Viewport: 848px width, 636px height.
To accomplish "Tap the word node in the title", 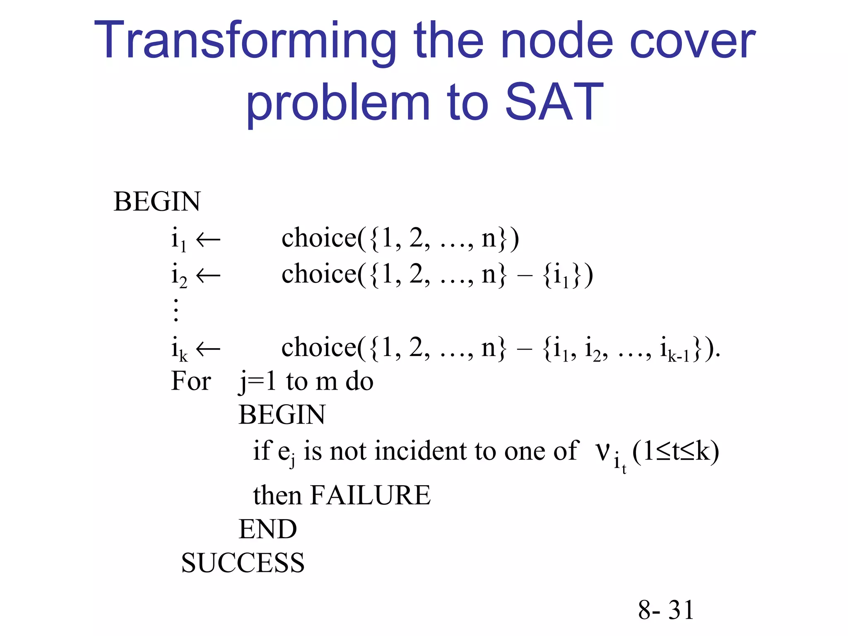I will click(557, 41).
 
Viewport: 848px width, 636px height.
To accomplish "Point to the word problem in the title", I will click(338, 104).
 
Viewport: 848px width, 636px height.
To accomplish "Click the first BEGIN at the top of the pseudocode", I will click(157, 202).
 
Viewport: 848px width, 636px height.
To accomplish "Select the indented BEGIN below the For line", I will click(282, 415).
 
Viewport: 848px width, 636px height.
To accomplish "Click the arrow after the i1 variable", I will click(208, 239).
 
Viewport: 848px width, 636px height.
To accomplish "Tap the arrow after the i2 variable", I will click(208, 275).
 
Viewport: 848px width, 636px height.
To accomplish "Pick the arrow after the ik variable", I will click(208, 349).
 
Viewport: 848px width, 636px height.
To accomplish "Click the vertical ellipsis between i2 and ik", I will click(176, 310).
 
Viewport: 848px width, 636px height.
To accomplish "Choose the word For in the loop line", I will click(191, 381).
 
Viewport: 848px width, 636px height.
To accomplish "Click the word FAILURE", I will click(370, 495).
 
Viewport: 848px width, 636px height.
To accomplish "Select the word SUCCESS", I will click(243, 563).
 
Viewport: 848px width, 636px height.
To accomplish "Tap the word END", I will click(267, 529).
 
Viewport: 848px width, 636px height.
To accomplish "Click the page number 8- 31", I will click(665, 610).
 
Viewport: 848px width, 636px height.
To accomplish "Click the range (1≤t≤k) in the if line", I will click(675, 451).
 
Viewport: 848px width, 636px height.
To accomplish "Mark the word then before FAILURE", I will click(277, 495).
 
